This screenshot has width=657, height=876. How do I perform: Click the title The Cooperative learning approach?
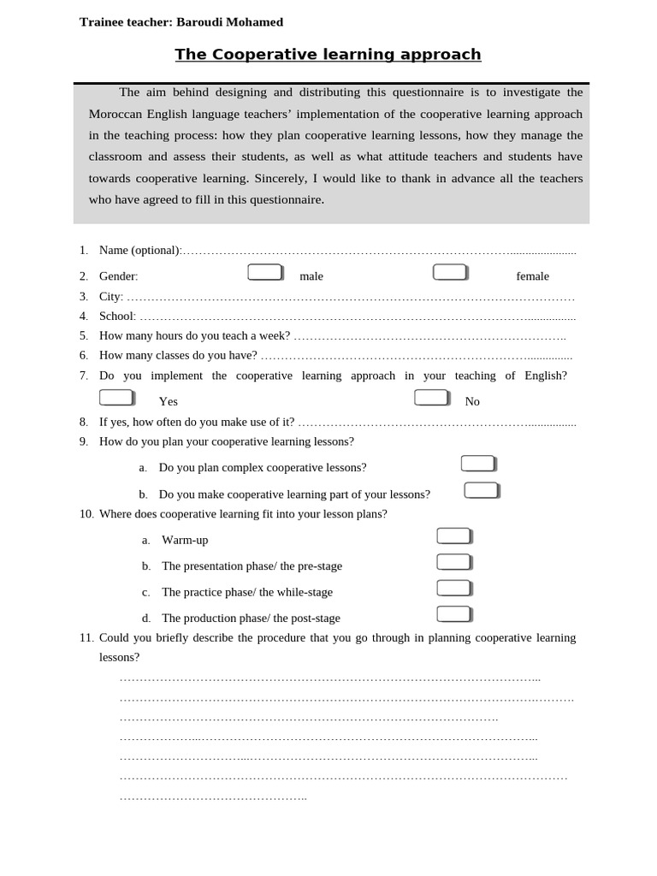tap(328, 55)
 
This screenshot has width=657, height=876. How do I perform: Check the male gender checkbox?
tap(265, 272)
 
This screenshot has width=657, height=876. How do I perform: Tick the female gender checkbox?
tap(450, 272)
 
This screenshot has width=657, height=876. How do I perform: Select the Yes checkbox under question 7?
tap(116, 397)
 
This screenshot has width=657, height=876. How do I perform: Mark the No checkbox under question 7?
tap(431, 397)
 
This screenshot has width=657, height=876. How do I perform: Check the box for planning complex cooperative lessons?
tap(478, 464)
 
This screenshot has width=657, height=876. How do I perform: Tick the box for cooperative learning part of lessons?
tap(482, 490)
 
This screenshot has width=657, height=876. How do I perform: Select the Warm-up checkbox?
tap(453, 536)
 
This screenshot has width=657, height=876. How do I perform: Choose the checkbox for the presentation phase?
tap(453, 562)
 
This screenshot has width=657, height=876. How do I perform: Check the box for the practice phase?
tap(453, 588)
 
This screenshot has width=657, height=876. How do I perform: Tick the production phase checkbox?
tap(453, 614)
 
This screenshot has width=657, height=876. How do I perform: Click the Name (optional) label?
tap(139, 250)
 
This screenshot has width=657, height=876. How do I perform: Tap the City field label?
tap(110, 296)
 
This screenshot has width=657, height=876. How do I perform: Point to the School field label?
tap(116, 316)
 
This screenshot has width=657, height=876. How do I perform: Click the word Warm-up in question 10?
tap(185, 540)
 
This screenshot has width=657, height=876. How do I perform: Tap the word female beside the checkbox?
tap(532, 276)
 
